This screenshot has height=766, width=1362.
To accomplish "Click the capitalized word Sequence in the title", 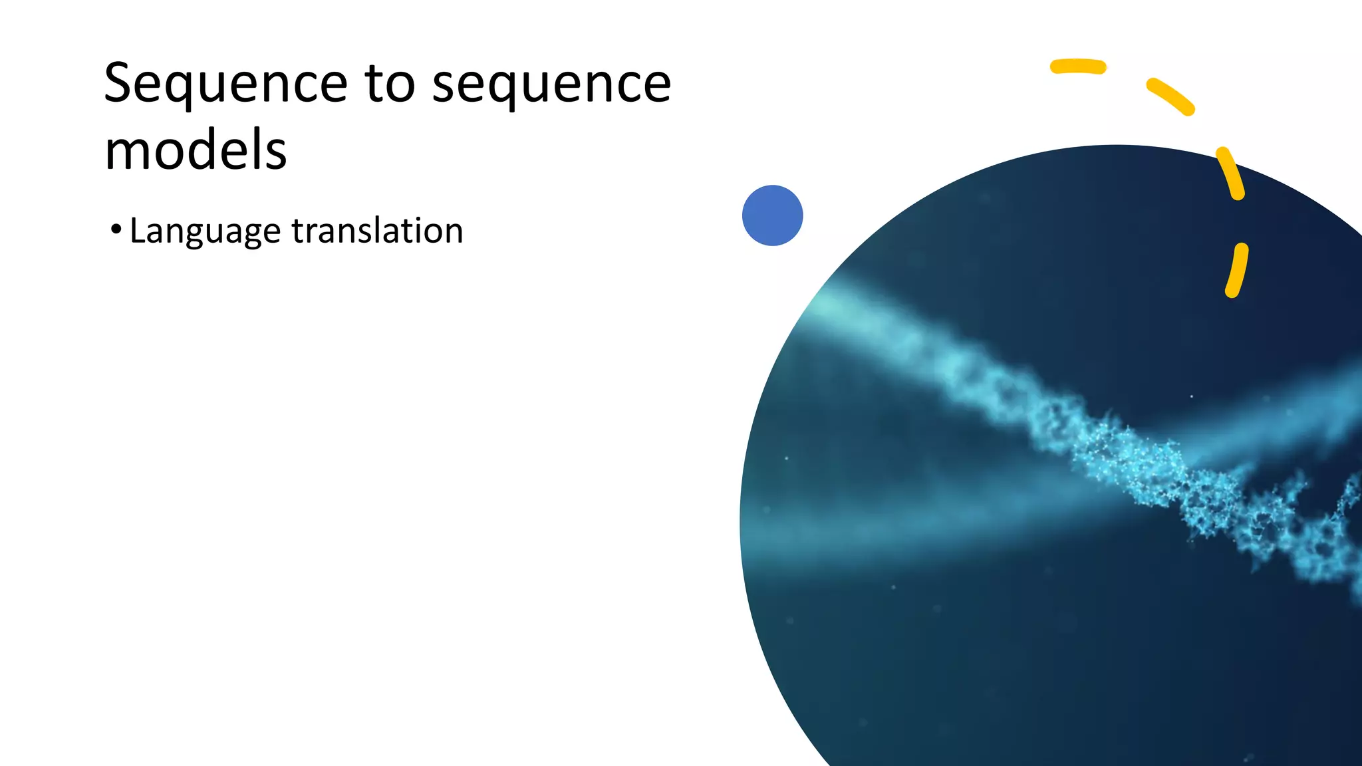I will (x=225, y=84).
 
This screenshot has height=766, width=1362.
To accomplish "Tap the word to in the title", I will (x=390, y=84).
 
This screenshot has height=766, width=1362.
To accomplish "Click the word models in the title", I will (x=196, y=150).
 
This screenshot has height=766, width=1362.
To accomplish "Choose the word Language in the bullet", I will (x=205, y=232).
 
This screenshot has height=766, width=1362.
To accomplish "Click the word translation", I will (x=377, y=231).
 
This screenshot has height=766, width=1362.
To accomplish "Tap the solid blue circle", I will (x=772, y=215).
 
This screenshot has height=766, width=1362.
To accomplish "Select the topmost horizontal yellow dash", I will (x=1078, y=66).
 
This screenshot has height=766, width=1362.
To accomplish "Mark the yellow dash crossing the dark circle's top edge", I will (x=1230, y=173).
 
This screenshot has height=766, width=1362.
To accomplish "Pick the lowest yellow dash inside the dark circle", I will (x=1236, y=270).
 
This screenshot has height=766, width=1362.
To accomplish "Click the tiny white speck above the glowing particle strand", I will (x=1191, y=396).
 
